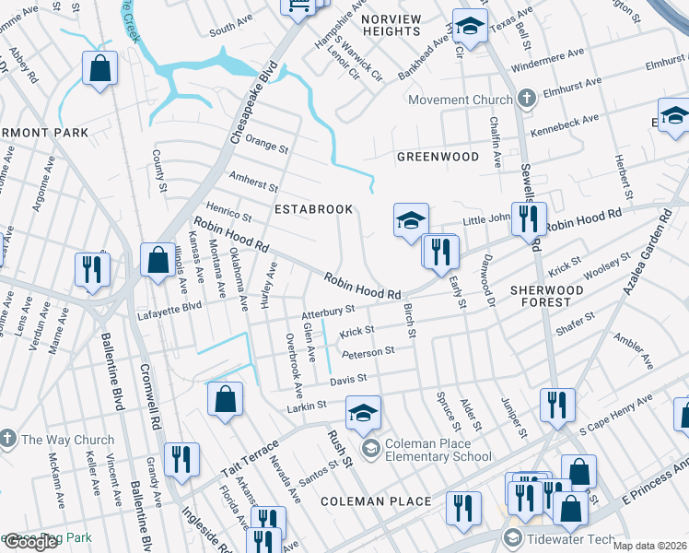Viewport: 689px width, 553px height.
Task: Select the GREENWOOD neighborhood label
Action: (438, 157)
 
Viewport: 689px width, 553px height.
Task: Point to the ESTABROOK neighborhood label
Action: (314, 209)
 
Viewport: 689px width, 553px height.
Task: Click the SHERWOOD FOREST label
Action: (547, 296)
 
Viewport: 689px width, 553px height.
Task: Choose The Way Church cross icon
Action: (8, 440)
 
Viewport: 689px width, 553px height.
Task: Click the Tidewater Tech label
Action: (569, 537)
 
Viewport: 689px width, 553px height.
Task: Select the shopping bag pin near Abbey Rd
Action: (99, 69)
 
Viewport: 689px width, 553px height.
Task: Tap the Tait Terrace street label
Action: (249, 458)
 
